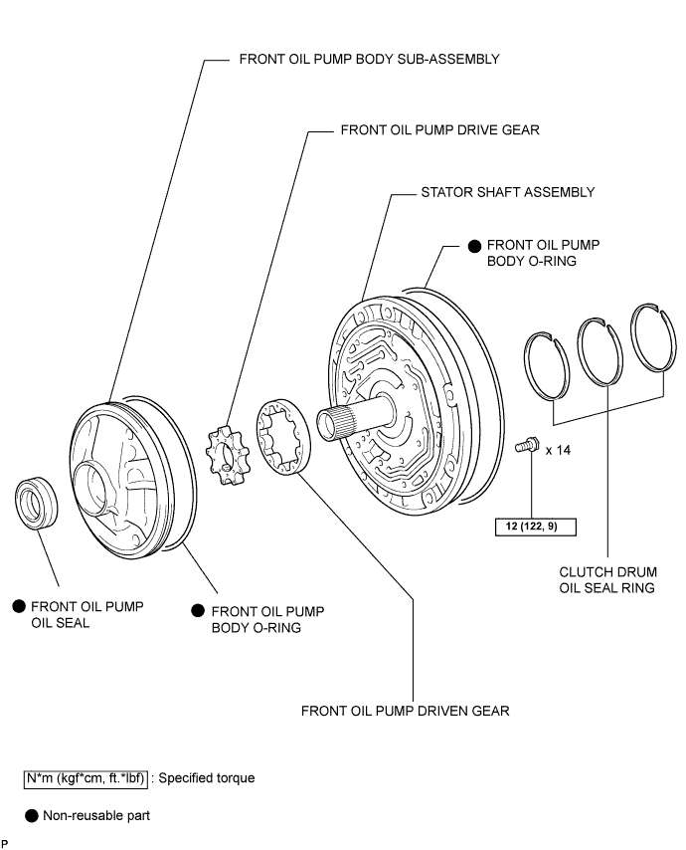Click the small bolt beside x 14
(527, 448)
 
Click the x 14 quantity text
(557, 450)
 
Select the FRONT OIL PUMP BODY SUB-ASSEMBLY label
(369, 59)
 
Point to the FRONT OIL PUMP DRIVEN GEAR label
(405, 711)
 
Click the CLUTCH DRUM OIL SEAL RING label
(606, 580)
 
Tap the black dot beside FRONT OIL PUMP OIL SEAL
(18, 606)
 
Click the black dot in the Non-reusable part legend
(32, 816)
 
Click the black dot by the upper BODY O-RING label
(475, 245)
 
